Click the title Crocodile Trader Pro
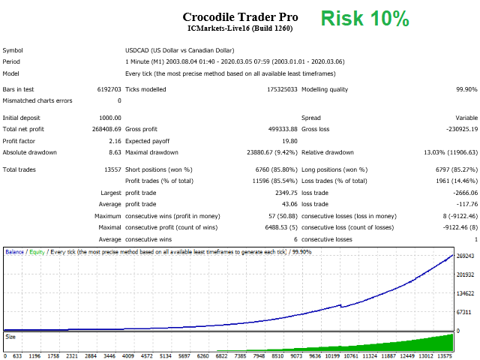coord(240,16)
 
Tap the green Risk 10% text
coord(367,19)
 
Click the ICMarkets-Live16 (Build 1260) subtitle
coord(240,28)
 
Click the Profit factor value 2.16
coord(114,140)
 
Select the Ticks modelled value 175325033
coord(276,89)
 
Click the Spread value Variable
coord(466,118)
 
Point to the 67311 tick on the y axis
coord(466,311)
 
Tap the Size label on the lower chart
coord(10,337)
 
